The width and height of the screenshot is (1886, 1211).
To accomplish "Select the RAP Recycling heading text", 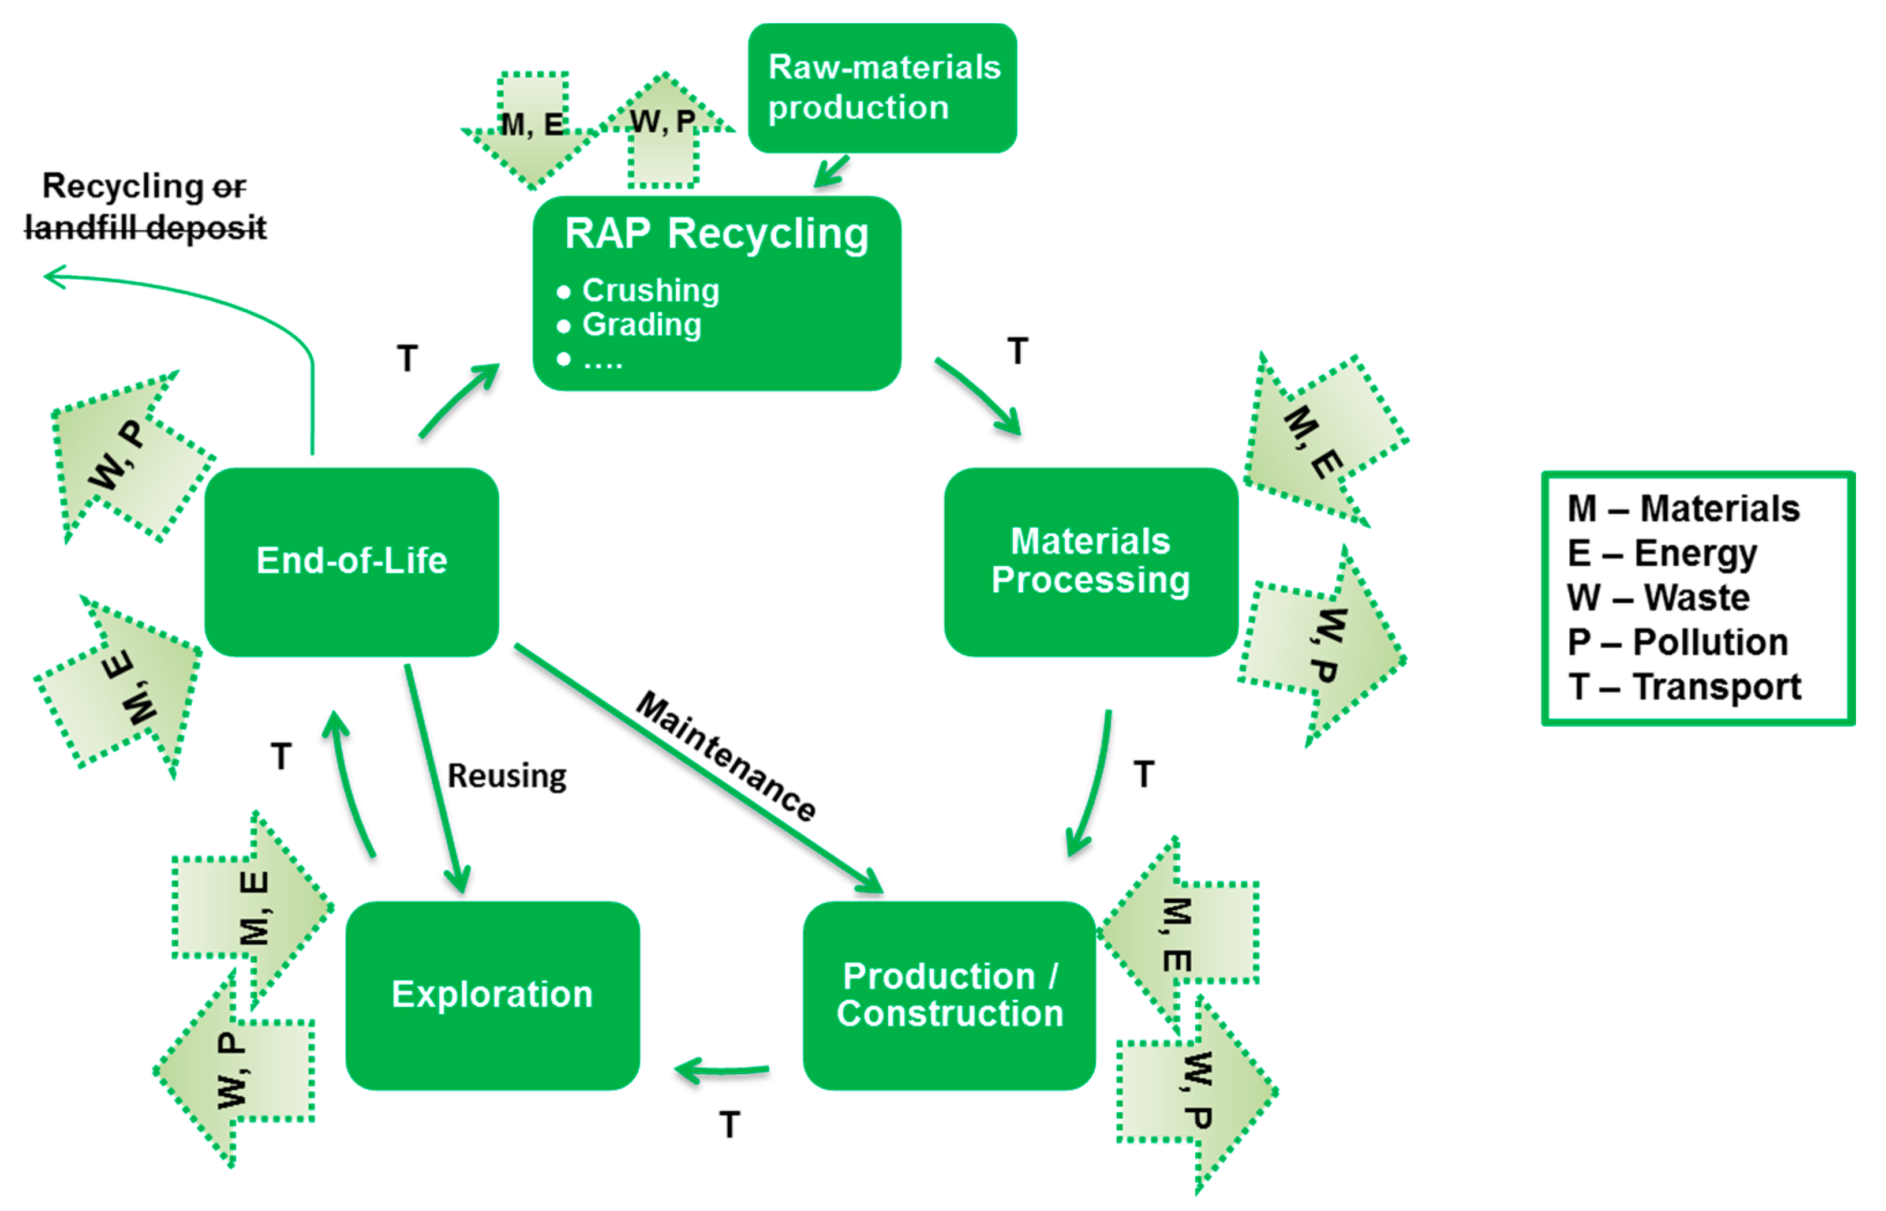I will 716,234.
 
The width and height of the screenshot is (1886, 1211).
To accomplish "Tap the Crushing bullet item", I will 650,291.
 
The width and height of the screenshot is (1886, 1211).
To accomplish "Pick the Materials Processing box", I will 1090,562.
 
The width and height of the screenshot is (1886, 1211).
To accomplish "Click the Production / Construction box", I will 949,995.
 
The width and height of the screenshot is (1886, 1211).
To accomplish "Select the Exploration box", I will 492,995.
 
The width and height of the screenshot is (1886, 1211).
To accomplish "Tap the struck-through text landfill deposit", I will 145,228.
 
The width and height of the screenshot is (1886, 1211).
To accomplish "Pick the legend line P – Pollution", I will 1677,642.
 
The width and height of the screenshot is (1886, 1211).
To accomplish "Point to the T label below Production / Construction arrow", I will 729,1124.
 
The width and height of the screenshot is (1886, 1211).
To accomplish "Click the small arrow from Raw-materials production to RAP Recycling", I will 832,171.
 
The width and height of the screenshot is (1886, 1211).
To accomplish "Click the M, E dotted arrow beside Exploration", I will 252,909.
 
